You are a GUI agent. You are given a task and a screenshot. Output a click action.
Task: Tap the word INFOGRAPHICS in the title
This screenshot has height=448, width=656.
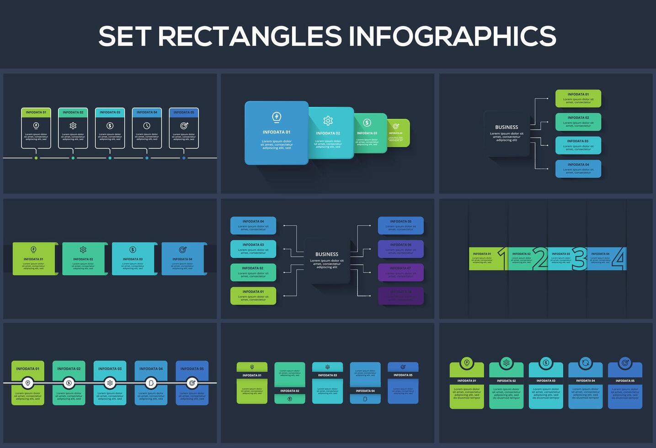(x=452, y=36)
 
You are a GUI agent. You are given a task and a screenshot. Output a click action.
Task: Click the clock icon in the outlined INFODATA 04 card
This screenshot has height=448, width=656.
(x=147, y=126)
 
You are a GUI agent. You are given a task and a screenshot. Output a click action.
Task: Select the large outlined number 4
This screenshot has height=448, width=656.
(x=619, y=258)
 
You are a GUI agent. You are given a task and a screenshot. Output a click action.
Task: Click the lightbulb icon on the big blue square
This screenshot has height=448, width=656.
(x=276, y=117)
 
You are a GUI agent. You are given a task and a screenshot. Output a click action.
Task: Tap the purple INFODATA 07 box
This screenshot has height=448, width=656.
(x=400, y=272)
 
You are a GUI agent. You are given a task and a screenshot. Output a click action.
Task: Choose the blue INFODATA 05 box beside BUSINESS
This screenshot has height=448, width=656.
(x=400, y=225)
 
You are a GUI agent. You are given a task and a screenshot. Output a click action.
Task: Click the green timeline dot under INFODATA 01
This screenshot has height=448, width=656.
(x=36, y=158)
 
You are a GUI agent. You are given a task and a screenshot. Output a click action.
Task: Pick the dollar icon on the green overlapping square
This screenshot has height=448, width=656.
(x=367, y=123)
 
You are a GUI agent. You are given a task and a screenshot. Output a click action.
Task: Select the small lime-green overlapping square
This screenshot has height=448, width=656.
(x=398, y=133)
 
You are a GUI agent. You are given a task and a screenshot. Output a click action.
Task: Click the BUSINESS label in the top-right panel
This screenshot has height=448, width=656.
(x=507, y=128)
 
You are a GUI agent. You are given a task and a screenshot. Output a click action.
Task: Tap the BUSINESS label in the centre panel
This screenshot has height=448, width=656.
(x=327, y=254)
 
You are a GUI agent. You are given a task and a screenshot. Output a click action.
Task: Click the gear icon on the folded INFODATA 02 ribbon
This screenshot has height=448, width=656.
(x=83, y=250)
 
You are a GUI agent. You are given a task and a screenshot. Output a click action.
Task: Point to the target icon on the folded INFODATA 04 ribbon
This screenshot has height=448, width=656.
(x=182, y=250)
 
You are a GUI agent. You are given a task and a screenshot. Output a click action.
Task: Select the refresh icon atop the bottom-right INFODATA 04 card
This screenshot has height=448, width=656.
(x=585, y=363)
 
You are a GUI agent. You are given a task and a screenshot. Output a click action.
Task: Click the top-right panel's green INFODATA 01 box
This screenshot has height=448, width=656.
(x=578, y=98)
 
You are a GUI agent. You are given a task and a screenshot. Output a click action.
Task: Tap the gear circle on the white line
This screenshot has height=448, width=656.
(x=110, y=383)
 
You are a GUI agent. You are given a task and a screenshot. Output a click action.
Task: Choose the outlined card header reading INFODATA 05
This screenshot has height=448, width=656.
(x=184, y=112)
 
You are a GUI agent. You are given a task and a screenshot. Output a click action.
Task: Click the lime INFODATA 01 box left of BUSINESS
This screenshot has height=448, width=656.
(x=253, y=296)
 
